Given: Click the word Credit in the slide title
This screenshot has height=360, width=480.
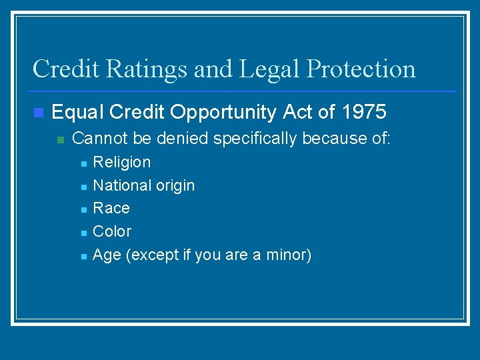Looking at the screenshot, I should coord(62,69).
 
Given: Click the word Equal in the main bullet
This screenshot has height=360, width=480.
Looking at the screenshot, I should coord(78,113).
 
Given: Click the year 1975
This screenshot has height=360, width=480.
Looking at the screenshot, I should coord(363,113).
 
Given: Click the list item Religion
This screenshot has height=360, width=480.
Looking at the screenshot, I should coord(122,162).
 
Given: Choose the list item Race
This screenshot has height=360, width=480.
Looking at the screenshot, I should coord(111,209).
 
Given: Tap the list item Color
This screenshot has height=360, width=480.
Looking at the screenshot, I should coord(112,231).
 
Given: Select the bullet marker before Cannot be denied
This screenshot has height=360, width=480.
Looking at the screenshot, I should coord(60,140).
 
